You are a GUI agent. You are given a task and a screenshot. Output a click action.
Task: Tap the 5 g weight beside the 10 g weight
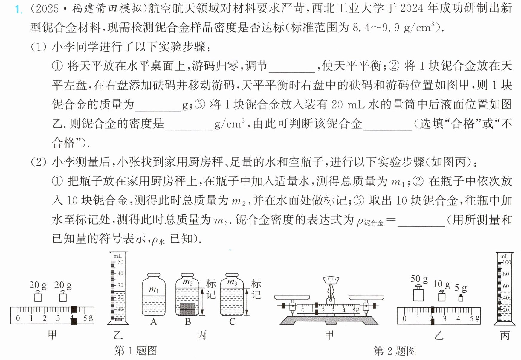coord(461,298)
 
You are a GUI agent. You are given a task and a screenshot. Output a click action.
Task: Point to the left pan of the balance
coord(292,298)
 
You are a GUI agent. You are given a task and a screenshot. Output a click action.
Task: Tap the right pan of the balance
coord(366,298)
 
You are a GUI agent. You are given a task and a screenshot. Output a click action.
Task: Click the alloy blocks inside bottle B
coord(187,309)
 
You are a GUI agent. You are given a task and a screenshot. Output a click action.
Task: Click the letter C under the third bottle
coord(232,322)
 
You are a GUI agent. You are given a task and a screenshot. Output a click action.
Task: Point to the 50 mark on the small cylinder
coord(120,262)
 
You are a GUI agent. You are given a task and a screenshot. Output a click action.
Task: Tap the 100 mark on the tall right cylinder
coord(507,262)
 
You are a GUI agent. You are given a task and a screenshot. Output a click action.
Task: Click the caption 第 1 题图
coord(136,350)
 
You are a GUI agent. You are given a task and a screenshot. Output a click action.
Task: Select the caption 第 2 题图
coord(395,350)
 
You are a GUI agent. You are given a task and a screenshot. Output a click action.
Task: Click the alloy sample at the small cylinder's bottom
coord(118,319)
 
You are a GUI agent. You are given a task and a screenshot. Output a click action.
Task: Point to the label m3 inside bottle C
coord(232,282)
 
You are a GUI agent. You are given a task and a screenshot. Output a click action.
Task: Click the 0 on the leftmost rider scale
coord(18,318)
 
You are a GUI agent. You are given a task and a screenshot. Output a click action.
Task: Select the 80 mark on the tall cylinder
coord(506,274)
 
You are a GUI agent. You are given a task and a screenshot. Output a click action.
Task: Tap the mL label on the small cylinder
coord(117,256)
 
